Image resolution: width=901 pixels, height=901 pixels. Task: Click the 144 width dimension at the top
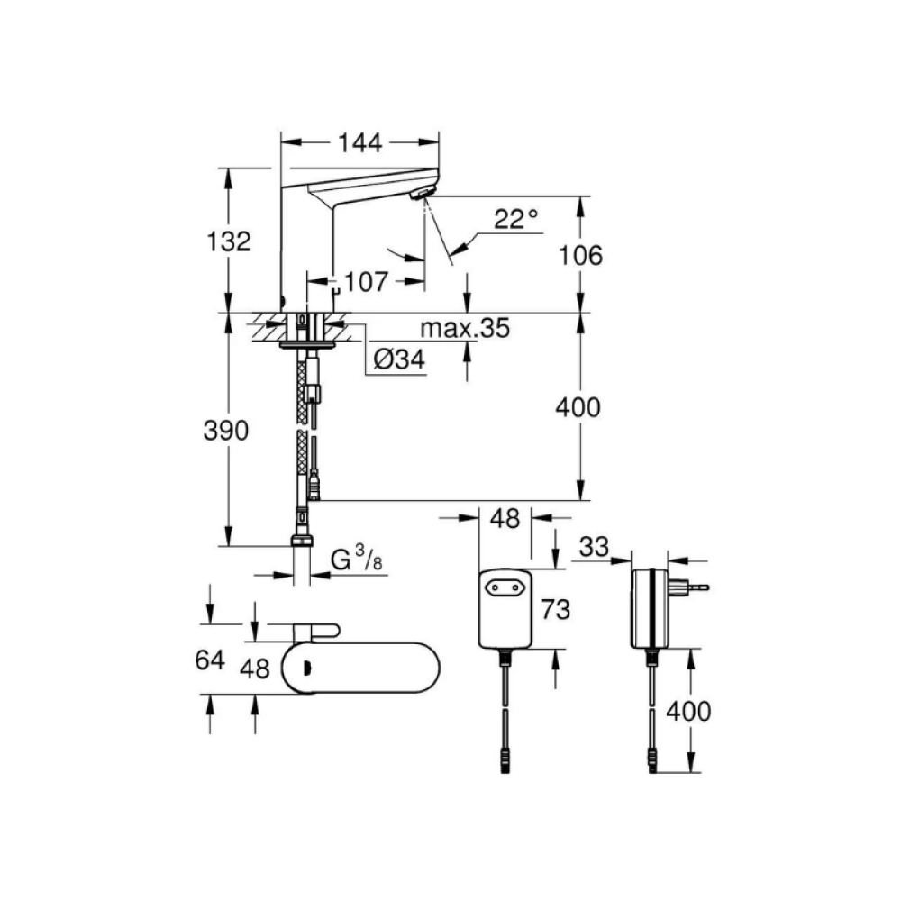pyautogui.click(x=359, y=143)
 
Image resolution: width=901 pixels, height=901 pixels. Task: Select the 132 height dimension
pyautogui.click(x=229, y=241)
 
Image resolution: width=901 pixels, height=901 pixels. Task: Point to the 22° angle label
pyautogui.click(x=516, y=219)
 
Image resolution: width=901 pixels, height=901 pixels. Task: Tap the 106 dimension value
pyautogui.click(x=580, y=256)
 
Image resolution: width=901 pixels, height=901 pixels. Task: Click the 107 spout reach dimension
pyautogui.click(x=366, y=281)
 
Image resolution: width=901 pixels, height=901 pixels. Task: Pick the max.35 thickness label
pyautogui.click(x=465, y=328)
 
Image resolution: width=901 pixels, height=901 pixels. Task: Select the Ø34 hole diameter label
pyautogui.click(x=399, y=359)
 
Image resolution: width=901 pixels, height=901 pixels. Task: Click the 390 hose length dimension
pyautogui.click(x=226, y=431)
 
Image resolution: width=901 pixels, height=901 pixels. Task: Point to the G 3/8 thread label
pyautogui.click(x=357, y=559)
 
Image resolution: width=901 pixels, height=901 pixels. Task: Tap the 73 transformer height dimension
pyautogui.click(x=555, y=610)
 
